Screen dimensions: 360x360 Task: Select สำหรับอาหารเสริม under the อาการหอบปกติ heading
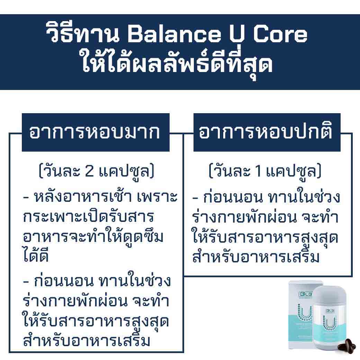click(256, 258)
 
